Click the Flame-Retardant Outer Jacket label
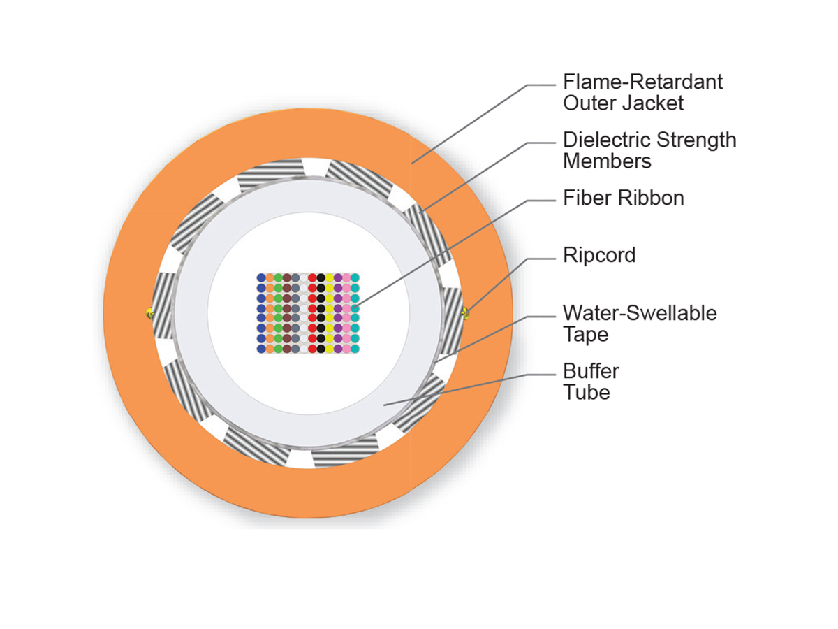(642, 92)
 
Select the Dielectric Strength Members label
(649, 150)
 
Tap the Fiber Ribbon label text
(623, 198)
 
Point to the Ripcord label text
(599, 256)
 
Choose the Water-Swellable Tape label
(640, 323)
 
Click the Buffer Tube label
(591, 381)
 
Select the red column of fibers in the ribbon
(312, 312)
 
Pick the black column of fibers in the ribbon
(321, 312)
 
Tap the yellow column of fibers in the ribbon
(329, 312)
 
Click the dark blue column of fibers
(261, 312)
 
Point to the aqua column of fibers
(355, 312)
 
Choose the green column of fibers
(278, 312)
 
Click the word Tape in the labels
(586, 334)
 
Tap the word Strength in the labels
(696, 139)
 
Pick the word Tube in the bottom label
(587, 392)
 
